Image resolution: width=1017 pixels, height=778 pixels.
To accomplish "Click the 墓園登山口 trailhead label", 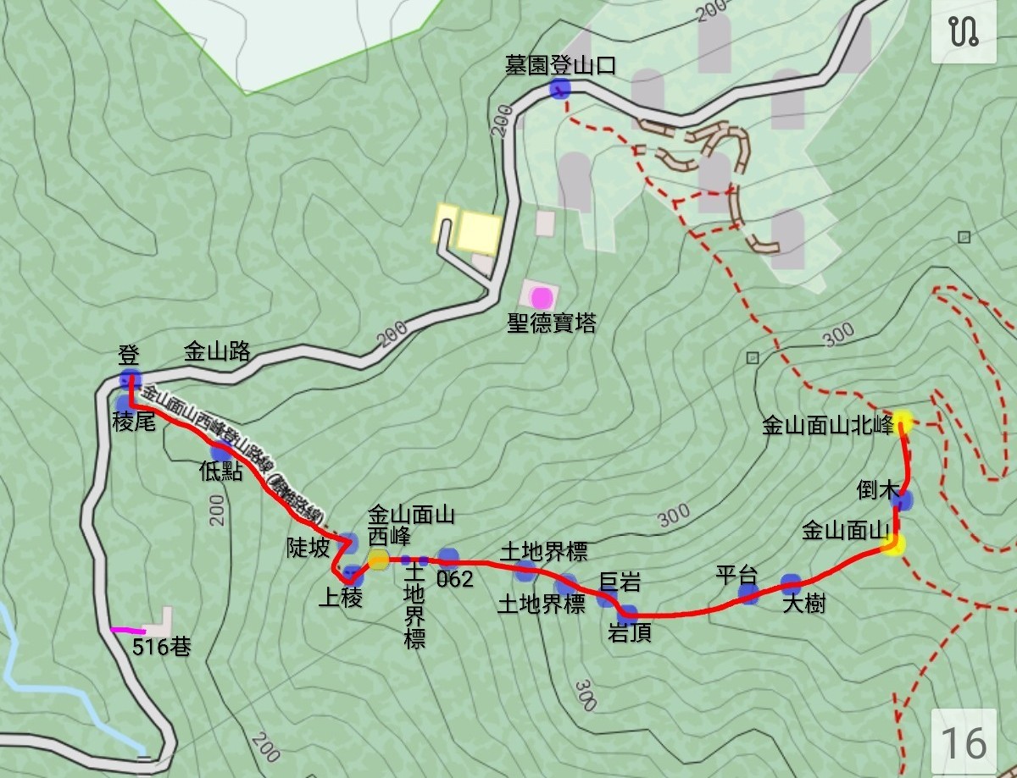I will tap(559, 66).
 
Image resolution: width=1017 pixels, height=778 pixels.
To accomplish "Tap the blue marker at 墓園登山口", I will tap(559, 88).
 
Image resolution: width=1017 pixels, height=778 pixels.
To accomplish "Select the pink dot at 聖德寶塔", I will tap(542, 297).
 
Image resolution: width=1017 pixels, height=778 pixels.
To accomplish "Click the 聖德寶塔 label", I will tap(551, 323).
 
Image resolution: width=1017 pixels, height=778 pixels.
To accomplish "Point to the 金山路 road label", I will tap(217, 352).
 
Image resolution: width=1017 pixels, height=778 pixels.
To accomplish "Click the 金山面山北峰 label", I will tap(828, 426).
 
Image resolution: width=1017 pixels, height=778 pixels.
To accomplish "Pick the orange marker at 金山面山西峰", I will tap(378, 559).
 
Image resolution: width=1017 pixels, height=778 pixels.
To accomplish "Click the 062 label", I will tap(455, 580).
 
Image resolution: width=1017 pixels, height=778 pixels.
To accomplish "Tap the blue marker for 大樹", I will tap(791, 582).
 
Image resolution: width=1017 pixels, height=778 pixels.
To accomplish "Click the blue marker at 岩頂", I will tap(628, 613).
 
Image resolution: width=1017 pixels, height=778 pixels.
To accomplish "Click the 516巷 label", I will tap(161, 648).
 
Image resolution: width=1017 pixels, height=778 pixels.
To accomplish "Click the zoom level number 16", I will tap(964, 742).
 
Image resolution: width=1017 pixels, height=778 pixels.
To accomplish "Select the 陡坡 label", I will tap(308, 549).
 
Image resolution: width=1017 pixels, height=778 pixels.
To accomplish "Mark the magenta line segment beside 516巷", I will tap(127, 630).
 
